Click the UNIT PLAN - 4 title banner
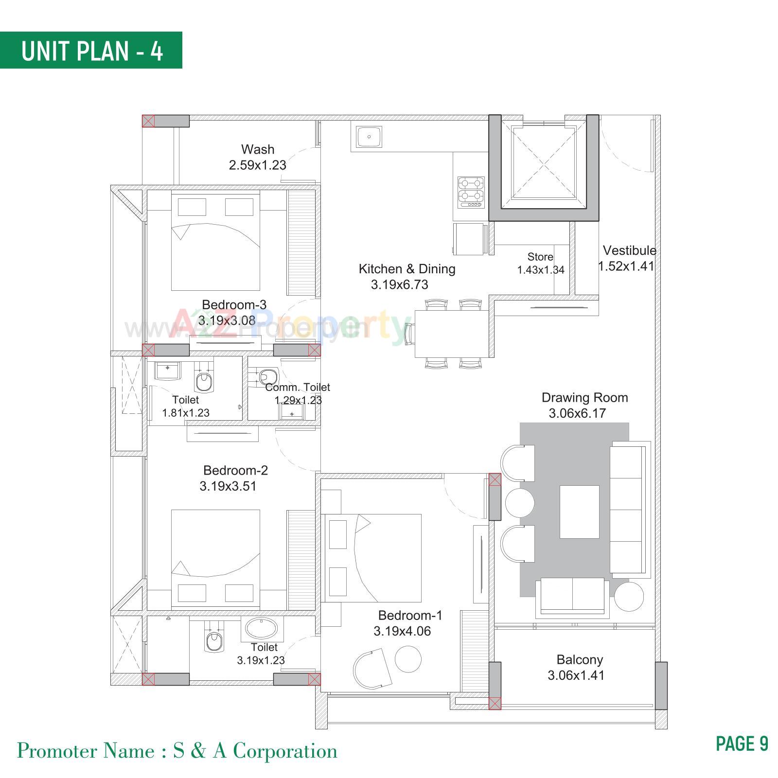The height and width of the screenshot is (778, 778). coord(91,51)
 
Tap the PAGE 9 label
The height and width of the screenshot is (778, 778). coord(742,743)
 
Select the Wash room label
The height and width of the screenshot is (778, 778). coord(258,149)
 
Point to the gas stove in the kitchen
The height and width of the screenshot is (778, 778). coord(471,193)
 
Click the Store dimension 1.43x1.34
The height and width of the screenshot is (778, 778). coord(540,270)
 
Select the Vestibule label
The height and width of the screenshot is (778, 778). coord(629,250)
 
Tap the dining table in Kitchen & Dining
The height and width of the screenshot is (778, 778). coord(451,334)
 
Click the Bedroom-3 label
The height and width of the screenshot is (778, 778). coord(234,305)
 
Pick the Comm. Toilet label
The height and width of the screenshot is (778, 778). coord(298,388)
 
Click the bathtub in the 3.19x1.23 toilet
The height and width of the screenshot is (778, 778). coord(262,629)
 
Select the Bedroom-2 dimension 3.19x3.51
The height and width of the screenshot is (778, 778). coord(228,486)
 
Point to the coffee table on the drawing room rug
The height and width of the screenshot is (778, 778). coord(579,512)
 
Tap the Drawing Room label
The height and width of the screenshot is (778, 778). coord(584,398)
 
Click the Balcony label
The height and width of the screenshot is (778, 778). coord(580,660)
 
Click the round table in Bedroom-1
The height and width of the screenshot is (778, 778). coord(408,659)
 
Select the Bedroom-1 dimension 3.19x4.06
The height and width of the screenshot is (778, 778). coord(402,631)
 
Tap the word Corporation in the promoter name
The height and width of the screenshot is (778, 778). coord(285,751)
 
